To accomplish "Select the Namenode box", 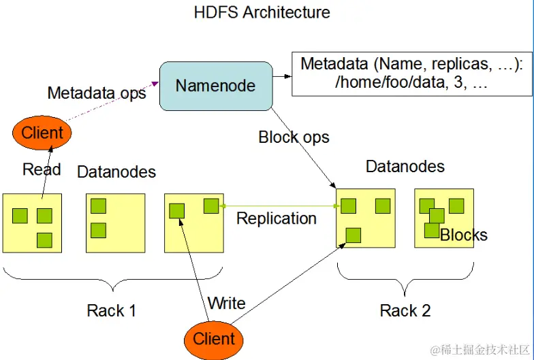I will [215, 86].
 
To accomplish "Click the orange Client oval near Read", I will [42, 133].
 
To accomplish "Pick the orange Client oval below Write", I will [214, 339].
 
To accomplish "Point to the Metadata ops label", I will [97, 93].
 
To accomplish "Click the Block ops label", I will [294, 137].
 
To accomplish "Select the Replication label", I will [276, 218].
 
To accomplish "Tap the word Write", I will [226, 303].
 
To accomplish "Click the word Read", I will [42, 169].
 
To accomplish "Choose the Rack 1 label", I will [112, 311].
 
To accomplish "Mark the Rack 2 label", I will [405, 311].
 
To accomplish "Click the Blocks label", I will [464, 235].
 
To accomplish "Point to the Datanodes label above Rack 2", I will [405, 166].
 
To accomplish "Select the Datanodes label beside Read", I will [116, 172].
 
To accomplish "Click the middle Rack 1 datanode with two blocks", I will [116, 223].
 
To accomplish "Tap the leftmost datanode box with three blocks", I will [32, 223].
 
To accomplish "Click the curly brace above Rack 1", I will [113, 278].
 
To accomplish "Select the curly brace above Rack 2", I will [406, 279].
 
